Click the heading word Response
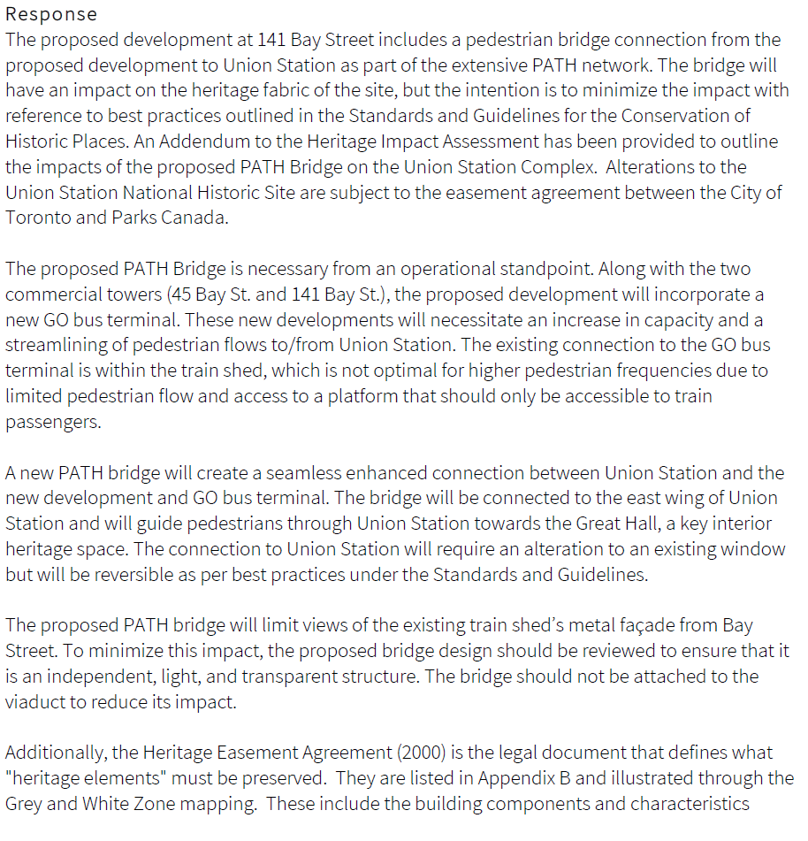(x=51, y=15)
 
